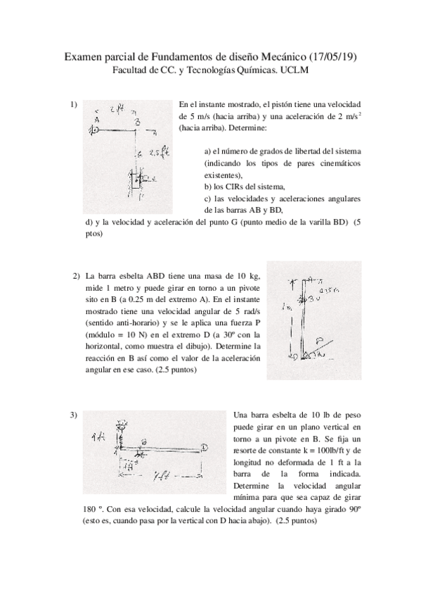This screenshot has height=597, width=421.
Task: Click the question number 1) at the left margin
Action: coord(74,105)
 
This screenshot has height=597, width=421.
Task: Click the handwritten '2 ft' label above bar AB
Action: coord(117,109)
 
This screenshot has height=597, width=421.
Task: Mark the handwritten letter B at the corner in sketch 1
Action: coord(138,122)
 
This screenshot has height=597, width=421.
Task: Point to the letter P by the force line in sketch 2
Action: coord(321,337)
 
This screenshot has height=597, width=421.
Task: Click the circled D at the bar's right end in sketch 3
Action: coord(203,447)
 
